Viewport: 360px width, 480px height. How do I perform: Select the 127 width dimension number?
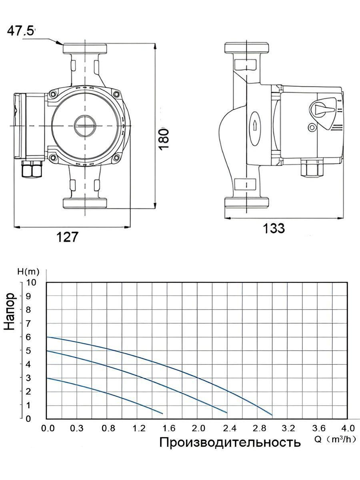[67, 237]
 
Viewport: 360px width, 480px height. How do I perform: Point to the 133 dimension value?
[274, 228]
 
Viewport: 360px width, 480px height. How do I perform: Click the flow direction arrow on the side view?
[254, 125]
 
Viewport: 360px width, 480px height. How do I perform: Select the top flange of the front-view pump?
[85, 48]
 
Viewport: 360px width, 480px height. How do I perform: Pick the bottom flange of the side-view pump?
[246, 202]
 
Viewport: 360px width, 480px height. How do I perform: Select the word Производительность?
[230, 442]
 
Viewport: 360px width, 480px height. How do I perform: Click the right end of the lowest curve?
[163, 413]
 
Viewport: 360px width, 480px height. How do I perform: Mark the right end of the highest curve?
[272, 415]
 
